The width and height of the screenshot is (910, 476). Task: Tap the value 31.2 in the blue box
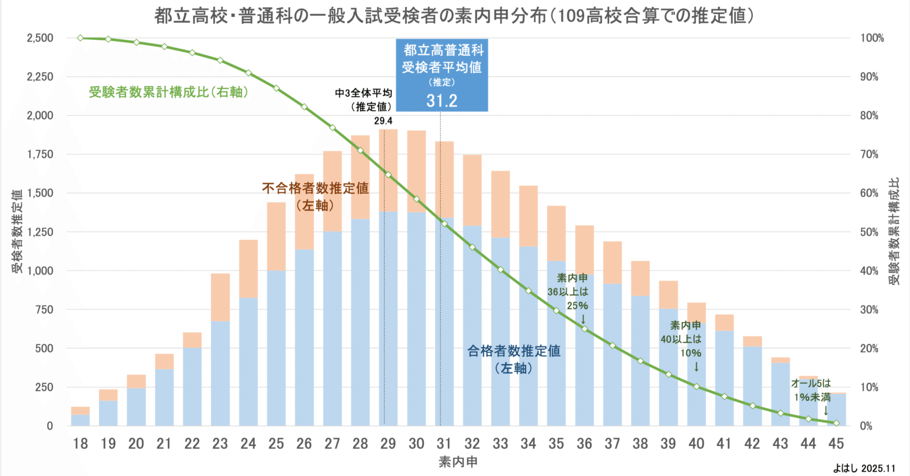[442, 101]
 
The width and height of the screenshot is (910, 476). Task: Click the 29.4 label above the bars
[383, 121]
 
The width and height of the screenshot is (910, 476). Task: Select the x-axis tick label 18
[80, 444]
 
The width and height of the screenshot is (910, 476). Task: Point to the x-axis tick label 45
[836, 444]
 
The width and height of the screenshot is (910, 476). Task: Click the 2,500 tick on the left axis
[40, 38]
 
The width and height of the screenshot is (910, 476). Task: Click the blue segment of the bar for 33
[500, 332]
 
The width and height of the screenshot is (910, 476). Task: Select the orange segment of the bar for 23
[220, 297]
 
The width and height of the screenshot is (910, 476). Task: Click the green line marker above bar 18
[80, 38]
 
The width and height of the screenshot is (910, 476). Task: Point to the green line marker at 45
[836, 423]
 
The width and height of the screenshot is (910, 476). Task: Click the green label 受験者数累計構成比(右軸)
[169, 92]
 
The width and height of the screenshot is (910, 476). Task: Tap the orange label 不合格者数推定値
[315, 189]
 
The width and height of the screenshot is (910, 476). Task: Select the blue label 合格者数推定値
[514, 351]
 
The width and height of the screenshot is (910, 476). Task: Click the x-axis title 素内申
[457, 462]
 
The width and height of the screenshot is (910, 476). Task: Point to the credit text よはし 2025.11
[864, 468]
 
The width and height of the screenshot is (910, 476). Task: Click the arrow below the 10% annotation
[696, 367]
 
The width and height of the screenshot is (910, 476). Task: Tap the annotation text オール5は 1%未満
[811, 390]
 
